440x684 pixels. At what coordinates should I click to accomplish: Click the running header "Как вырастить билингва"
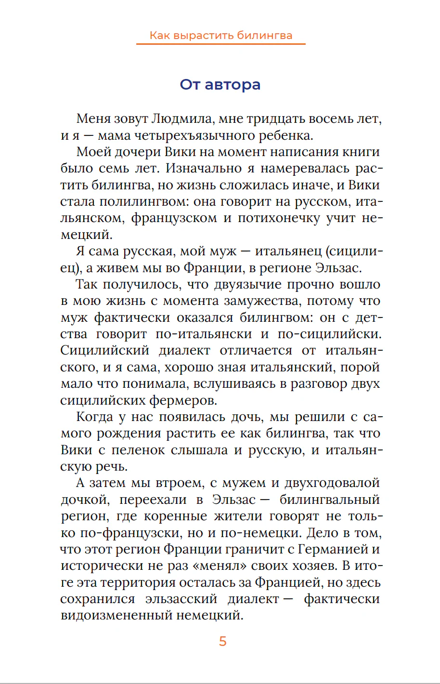click(221, 35)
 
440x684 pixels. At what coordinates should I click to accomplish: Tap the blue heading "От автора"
click(220, 84)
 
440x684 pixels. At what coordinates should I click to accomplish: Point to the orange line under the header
click(221, 44)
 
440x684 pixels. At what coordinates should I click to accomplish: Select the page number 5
click(222, 641)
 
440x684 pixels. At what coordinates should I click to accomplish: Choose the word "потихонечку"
click(279, 218)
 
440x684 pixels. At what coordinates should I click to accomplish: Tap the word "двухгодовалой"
click(332, 483)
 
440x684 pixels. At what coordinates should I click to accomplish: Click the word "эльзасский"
click(181, 599)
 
